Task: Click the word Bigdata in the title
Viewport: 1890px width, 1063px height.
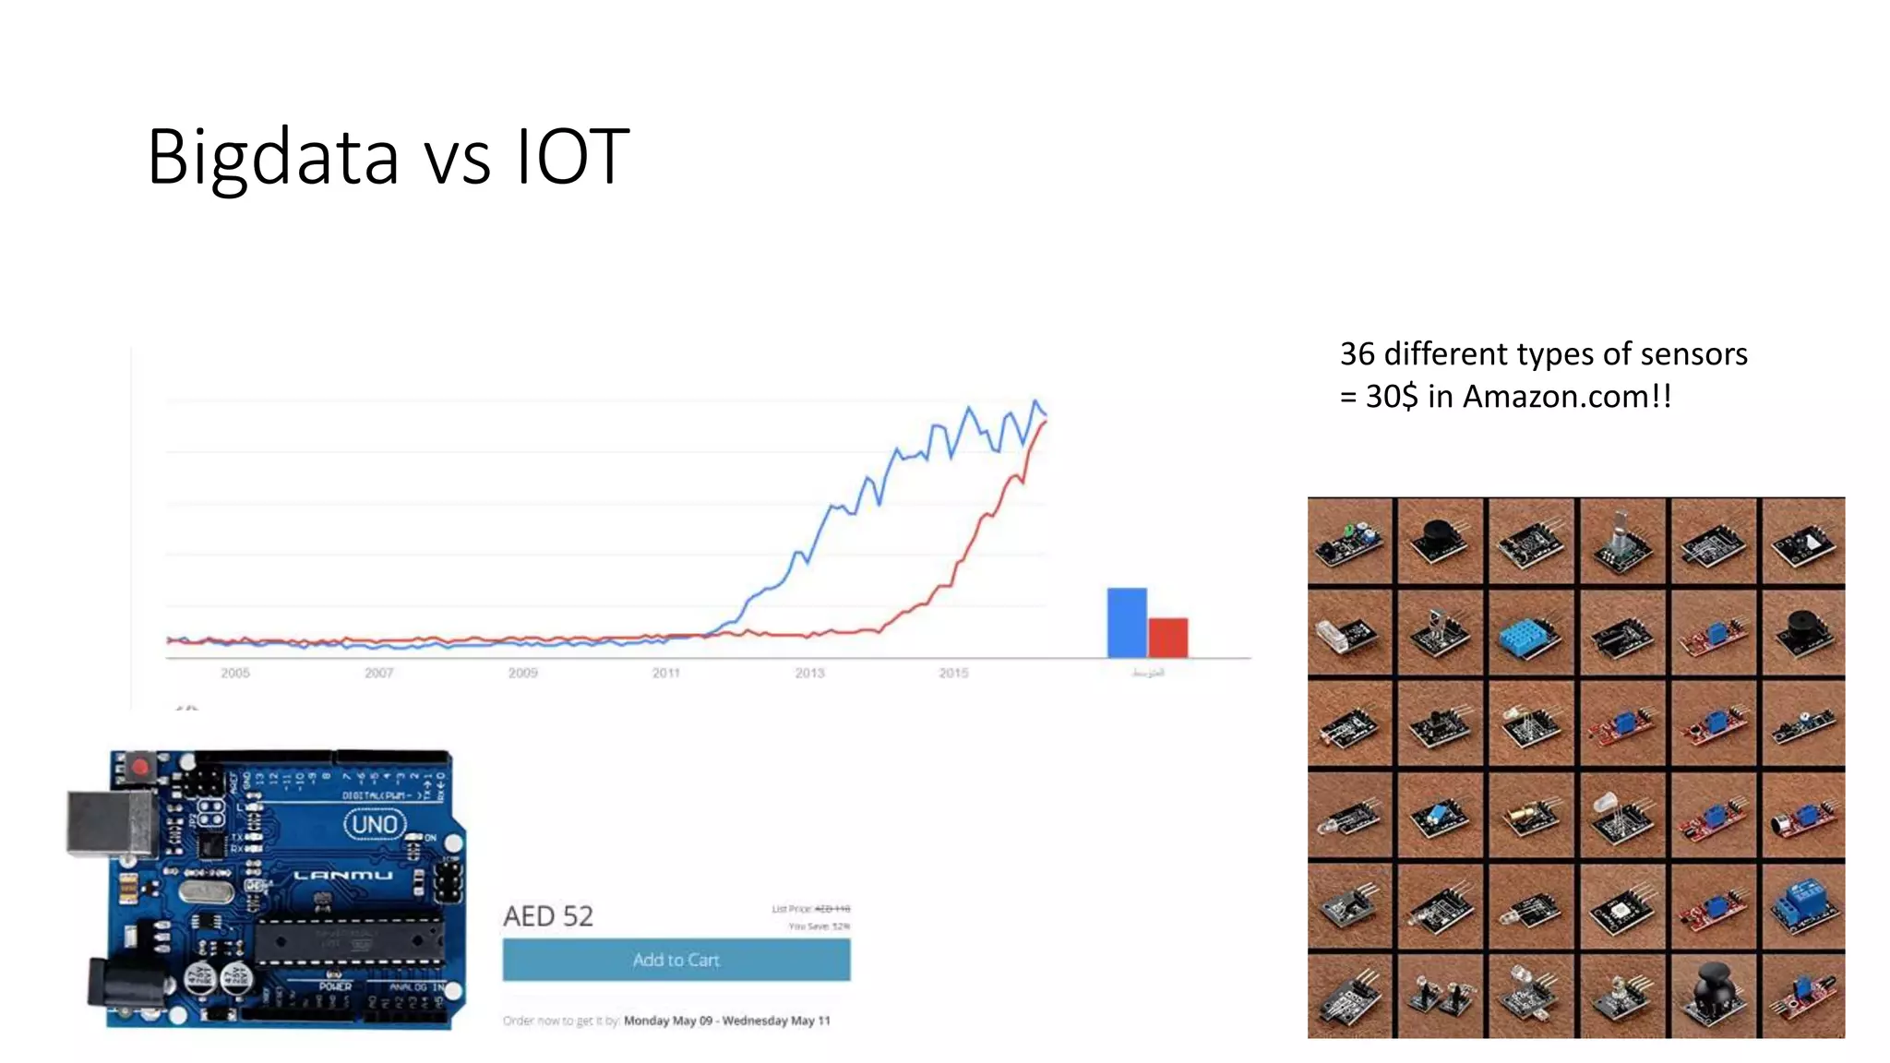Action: point(273,158)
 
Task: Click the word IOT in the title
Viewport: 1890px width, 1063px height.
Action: point(572,158)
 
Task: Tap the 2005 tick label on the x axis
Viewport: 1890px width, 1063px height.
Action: point(235,674)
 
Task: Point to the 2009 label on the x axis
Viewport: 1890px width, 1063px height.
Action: point(522,674)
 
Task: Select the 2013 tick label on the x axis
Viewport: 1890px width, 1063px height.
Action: point(809,674)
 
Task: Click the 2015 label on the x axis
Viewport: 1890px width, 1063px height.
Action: point(953,674)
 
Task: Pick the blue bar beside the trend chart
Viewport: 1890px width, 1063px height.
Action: point(1126,623)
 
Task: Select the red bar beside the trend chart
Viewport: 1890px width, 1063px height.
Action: point(1167,638)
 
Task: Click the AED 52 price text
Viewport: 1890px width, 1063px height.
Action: point(548,916)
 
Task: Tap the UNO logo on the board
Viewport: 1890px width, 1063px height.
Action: point(375,824)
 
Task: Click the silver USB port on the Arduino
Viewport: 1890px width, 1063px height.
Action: point(109,822)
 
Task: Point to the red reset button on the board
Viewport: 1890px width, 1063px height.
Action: point(140,767)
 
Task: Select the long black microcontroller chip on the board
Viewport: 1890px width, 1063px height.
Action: point(348,940)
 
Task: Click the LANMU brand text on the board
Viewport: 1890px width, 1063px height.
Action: point(343,875)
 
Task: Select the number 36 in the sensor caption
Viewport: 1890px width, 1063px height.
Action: point(1357,354)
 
